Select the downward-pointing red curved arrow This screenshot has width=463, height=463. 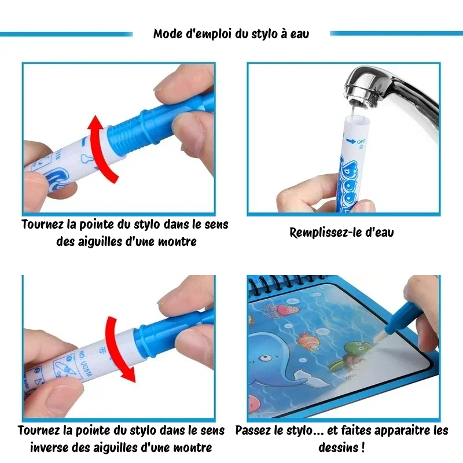[x=117, y=348]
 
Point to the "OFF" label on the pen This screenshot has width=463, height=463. [x=361, y=142]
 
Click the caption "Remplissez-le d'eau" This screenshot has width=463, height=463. [x=341, y=233]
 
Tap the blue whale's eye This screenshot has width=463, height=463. [x=265, y=358]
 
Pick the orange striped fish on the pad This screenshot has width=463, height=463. [x=307, y=341]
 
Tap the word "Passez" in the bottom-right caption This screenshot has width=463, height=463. [x=253, y=431]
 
